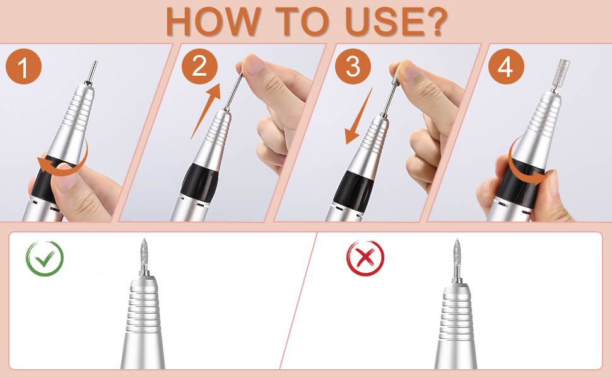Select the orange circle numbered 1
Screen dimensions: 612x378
pyautogui.click(x=23, y=67)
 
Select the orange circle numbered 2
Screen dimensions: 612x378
pyautogui.click(x=199, y=67)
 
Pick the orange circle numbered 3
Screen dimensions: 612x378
pyautogui.click(x=353, y=67)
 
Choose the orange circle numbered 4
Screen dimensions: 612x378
pyautogui.click(x=506, y=67)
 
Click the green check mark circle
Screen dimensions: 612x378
pyautogui.click(x=45, y=258)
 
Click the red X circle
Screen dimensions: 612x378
pyautogui.click(x=365, y=258)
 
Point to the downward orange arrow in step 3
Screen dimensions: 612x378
pyautogui.click(x=358, y=116)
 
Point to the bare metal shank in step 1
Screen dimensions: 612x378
pyautogui.click(x=92, y=72)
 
